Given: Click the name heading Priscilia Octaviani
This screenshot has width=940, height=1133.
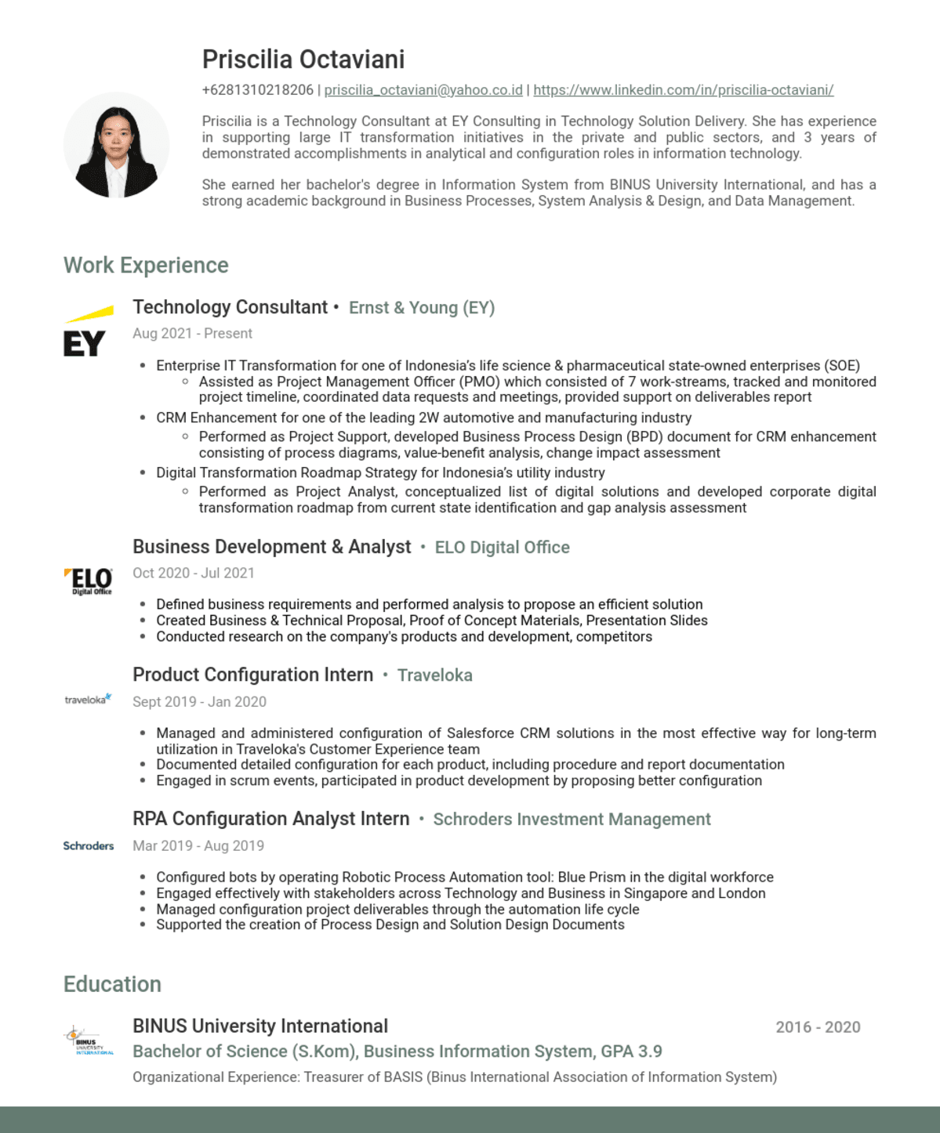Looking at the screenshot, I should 303,60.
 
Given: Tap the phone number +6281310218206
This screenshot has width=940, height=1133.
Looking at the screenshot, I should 257,90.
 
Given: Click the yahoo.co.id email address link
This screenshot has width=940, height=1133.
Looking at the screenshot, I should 423,90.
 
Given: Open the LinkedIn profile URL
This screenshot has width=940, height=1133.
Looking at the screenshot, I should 683,90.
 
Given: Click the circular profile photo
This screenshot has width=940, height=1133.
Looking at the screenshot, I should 117,146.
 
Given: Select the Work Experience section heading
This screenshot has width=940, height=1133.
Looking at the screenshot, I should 146,266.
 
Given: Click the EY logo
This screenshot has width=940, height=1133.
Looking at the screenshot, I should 86,332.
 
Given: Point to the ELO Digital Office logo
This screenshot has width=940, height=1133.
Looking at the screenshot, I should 89,581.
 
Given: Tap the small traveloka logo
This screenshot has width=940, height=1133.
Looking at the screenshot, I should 88,699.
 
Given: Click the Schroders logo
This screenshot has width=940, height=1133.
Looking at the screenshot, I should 89,846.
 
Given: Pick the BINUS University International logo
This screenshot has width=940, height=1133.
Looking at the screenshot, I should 88,1041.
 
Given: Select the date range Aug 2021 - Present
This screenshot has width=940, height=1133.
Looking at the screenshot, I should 192,334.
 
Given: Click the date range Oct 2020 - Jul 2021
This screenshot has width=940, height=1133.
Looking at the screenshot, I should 193,574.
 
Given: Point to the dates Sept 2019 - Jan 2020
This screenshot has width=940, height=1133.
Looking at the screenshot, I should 199,702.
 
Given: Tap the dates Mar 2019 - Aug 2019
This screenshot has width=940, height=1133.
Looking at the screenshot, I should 198,846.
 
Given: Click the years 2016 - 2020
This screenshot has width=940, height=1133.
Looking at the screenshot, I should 818,1027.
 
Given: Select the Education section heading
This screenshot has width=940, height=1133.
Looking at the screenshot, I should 112,985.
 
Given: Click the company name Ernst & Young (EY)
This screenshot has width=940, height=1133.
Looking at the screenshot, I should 422,308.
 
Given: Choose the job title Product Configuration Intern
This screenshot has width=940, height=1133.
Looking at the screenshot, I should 252,675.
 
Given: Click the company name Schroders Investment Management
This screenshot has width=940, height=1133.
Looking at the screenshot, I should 572,820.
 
